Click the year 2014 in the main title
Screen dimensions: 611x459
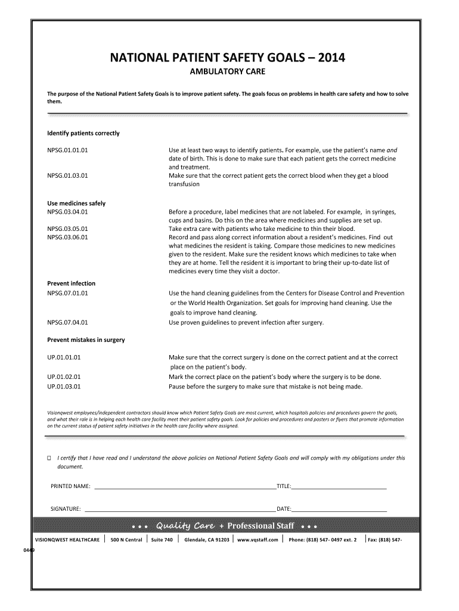click(329, 58)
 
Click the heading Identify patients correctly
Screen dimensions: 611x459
click(83, 133)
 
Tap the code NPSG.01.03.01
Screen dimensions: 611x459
click(68, 176)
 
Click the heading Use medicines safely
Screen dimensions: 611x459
click(76, 203)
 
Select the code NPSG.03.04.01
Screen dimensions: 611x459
click(68, 212)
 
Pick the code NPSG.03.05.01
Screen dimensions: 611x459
click(68, 229)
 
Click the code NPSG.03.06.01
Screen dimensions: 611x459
click(68, 237)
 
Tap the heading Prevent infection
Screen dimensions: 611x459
click(72, 283)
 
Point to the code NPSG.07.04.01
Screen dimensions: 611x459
click(68, 323)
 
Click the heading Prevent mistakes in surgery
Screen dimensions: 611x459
click(86, 340)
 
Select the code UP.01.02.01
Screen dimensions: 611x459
click(64, 377)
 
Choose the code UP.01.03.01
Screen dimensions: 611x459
click(64, 386)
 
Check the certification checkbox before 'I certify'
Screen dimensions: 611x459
click(50, 459)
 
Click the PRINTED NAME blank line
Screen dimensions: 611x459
click(185, 487)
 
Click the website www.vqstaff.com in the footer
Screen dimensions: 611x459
click(258, 540)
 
